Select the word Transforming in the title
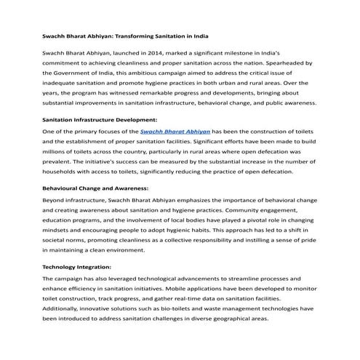143,35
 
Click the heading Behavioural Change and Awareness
96,187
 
